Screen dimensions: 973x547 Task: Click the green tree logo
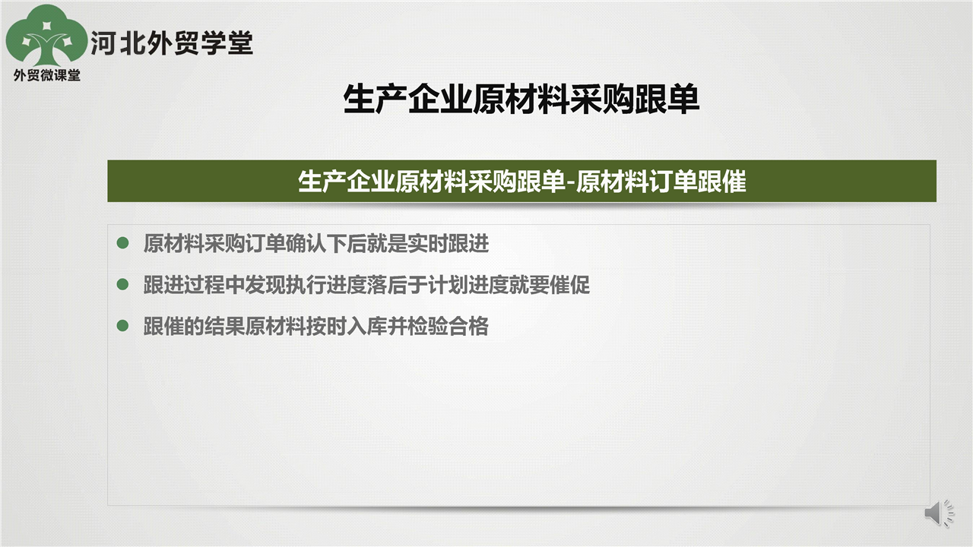46,36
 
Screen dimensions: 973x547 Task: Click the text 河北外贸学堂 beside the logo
172,43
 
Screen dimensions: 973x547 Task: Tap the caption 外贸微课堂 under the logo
47,75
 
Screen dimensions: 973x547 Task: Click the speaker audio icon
939,513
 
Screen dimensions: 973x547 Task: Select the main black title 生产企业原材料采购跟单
521,100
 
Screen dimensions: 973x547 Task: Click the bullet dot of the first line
123,242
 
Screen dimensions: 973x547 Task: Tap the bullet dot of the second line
123,284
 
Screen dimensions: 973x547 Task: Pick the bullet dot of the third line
123,326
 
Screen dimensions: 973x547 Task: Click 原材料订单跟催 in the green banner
661,182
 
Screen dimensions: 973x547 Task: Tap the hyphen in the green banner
571,183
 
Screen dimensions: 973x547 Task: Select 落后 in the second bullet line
388,285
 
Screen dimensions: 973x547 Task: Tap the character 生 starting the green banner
310,182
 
